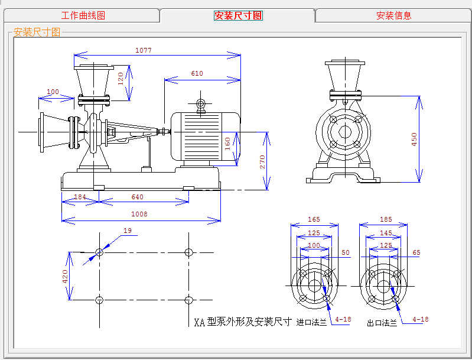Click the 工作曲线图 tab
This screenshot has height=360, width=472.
click(83, 15)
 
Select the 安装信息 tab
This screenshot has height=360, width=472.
click(393, 15)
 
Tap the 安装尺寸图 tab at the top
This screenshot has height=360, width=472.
click(238, 15)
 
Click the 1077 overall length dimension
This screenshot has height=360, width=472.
click(144, 50)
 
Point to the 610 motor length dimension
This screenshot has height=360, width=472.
click(197, 73)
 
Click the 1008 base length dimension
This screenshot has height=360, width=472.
click(139, 214)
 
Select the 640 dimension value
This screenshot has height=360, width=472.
click(137, 197)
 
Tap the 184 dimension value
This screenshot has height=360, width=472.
click(80, 197)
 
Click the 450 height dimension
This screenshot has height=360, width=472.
click(414, 139)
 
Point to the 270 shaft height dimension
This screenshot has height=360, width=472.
click(262, 162)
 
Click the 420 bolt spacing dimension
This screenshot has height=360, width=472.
click(65, 277)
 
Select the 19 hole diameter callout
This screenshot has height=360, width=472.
click(128, 231)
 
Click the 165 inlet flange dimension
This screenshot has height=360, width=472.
click(314, 220)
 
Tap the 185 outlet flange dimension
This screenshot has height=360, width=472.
click(386, 220)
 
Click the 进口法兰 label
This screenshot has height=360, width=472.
click(311, 322)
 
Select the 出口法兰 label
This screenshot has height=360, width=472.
click(382, 323)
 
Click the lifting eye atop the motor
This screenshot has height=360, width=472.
click(201, 104)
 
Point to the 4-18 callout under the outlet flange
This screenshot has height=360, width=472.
click(420, 319)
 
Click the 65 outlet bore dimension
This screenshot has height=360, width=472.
click(416, 253)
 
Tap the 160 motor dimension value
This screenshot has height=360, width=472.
click(227, 144)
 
